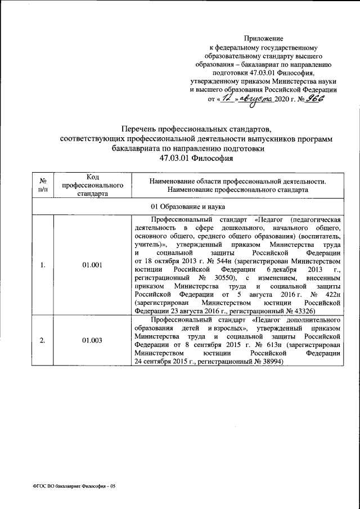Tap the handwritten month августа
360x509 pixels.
(x=255, y=97)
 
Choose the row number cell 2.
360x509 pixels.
(x=43, y=340)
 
